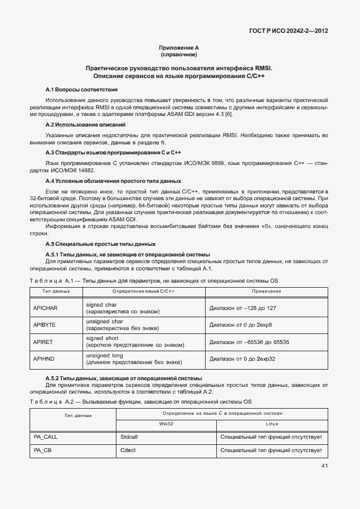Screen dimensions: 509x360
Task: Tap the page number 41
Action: coord(324,466)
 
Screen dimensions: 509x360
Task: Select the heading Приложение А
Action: coord(179,49)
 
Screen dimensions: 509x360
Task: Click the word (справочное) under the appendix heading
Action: coord(179,55)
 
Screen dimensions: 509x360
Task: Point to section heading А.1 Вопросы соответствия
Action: coord(81,89)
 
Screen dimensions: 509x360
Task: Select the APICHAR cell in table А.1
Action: coord(46,308)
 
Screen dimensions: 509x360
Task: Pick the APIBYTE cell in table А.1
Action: coord(45,324)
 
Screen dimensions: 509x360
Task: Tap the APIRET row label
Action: coord(44,342)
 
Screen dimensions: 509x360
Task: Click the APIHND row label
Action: coord(44,358)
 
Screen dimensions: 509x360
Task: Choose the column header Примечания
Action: coord(266,291)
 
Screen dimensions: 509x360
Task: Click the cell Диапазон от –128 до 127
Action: coord(243,308)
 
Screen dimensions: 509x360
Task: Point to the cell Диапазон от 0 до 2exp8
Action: coord(240,324)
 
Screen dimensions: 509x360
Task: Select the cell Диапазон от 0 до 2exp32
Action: coord(242,358)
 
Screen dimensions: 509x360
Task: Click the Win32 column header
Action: coord(167,424)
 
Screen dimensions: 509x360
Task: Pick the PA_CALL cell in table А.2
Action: coord(46,437)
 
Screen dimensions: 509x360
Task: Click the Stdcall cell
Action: coord(129,437)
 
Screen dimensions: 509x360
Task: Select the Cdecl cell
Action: coord(128,450)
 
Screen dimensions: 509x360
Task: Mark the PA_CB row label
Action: coord(43,450)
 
